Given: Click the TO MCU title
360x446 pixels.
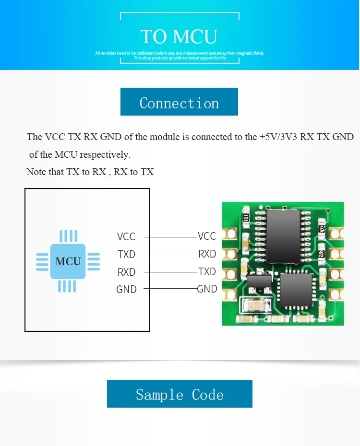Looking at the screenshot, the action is tap(179, 37).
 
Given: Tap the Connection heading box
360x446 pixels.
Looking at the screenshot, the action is tap(179, 102).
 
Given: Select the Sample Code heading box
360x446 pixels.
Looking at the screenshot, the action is tap(180, 394).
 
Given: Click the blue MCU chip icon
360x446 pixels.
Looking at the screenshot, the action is tap(68, 261).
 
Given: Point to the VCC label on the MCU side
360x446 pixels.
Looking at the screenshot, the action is tap(126, 236).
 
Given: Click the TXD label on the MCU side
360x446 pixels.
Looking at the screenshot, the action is tap(126, 254).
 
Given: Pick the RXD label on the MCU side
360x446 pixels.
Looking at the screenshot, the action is tap(126, 272).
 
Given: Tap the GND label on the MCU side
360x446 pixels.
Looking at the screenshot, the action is tap(126, 290).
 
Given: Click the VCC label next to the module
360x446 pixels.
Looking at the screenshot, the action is tap(207, 236).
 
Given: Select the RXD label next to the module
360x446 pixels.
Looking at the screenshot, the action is tap(207, 254).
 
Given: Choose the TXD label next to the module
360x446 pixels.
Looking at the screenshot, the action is tap(207, 271).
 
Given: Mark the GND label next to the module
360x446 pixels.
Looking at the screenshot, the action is tap(207, 289).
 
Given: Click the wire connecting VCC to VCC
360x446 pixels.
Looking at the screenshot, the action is tap(171, 237).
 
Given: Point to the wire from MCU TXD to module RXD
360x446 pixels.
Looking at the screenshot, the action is tap(171, 253).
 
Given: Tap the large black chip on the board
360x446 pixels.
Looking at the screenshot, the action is tap(283, 236).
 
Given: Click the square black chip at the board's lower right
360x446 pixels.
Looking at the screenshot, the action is tap(296, 290).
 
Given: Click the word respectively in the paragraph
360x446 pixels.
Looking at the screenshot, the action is tap(105, 155).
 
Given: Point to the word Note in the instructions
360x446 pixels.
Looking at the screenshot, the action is tap(36, 172).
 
